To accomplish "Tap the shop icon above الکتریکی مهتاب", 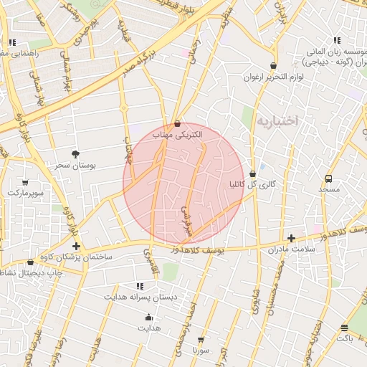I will tap(177, 123).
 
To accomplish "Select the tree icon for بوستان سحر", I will tap(76, 153).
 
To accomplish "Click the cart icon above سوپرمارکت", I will tap(26, 183).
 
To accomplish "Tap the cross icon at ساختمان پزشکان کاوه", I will tap(77, 247).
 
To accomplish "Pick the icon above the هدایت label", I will tap(149, 317).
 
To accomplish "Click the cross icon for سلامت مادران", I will tap(291, 238).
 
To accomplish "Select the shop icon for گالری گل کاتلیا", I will tap(252, 173).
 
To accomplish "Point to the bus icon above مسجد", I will tap(329, 178).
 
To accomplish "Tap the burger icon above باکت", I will tap(345, 328).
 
